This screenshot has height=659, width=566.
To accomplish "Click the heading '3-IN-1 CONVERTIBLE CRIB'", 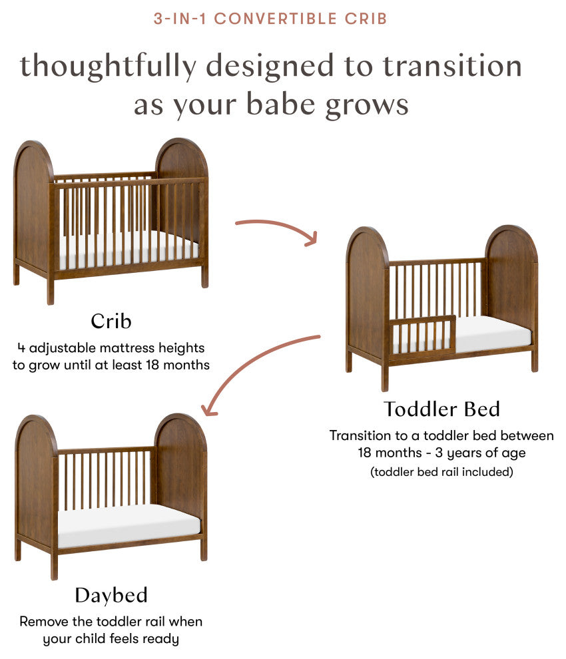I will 270,18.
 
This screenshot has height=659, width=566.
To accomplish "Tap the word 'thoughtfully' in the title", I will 108,67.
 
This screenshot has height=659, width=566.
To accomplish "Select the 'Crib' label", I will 111,322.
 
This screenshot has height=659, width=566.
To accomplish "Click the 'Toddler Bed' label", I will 441,409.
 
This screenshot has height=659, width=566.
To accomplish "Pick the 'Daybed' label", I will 111,594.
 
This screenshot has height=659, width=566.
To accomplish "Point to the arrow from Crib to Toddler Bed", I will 276,230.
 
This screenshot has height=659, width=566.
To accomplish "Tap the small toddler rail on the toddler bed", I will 423,333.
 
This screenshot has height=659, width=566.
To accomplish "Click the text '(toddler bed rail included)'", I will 441,472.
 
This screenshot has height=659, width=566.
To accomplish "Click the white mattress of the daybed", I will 127,523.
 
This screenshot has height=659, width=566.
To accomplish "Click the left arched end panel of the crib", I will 32,206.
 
